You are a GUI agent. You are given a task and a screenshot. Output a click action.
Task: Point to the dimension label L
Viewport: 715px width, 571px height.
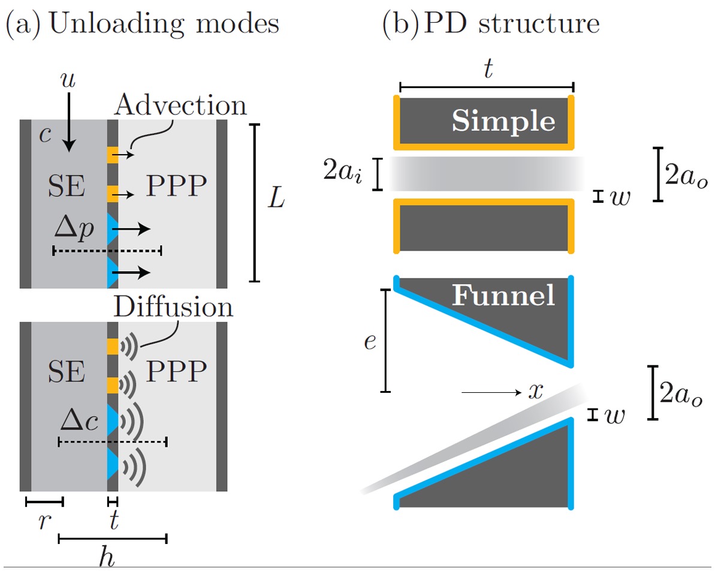click(276, 201)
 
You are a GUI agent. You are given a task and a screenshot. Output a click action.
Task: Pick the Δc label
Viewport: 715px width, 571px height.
click(79, 422)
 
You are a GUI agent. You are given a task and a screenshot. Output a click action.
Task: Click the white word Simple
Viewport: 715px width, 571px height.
click(503, 121)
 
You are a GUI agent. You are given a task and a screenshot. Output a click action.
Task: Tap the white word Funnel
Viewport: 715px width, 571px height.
click(503, 296)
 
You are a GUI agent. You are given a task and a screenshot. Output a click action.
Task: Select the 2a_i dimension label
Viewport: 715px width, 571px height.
click(342, 174)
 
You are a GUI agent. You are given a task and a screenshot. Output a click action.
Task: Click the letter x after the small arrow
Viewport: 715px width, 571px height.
click(535, 392)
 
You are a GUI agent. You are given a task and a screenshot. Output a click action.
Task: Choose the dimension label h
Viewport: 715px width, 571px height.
click(107, 558)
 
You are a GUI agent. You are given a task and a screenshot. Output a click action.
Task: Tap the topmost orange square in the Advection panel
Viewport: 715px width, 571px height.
click(113, 155)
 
